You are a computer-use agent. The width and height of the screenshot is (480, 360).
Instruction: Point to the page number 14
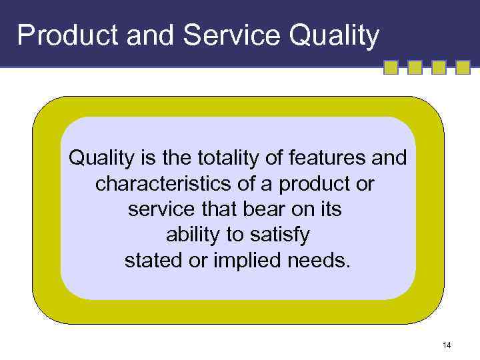coord(446,345)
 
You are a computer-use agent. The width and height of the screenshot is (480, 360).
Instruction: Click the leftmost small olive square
coord(391,67)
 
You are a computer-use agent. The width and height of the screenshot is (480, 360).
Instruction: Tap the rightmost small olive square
coord(463,67)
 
